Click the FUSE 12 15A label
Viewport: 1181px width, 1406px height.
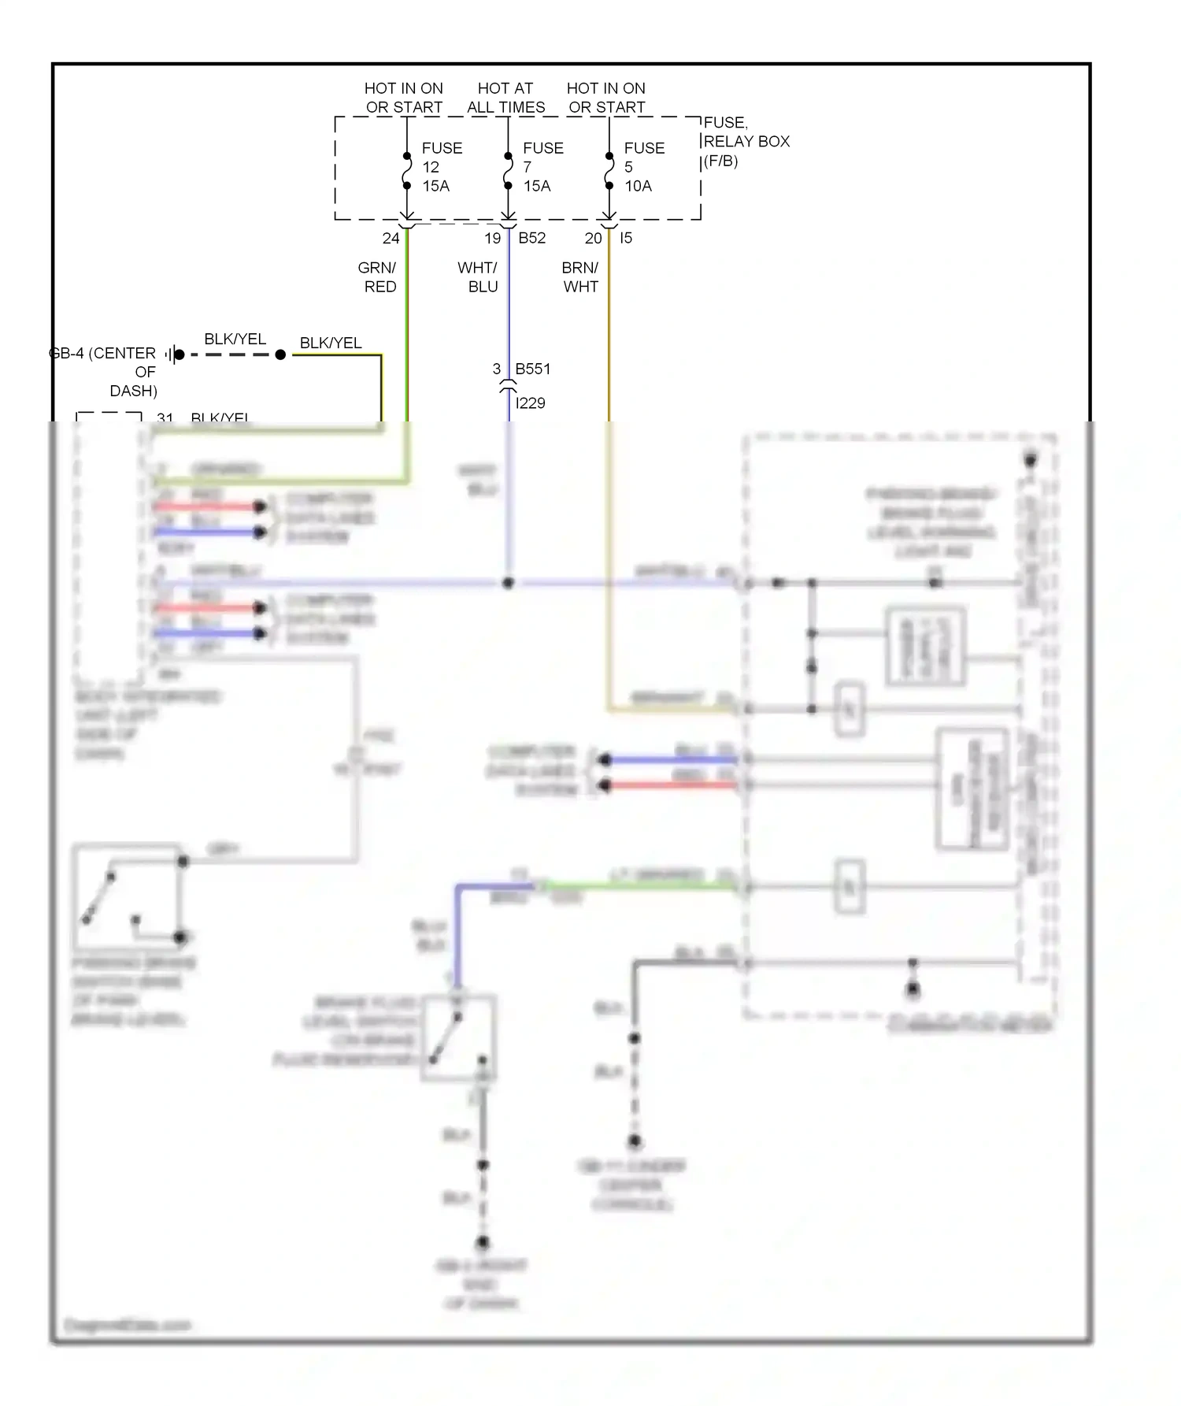pyautogui.click(x=441, y=167)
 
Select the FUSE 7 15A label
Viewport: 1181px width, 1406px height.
pyautogui.click(x=542, y=167)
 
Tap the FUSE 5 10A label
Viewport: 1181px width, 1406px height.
pyautogui.click(x=643, y=167)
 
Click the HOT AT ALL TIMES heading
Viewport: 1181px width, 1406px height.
pyautogui.click(x=505, y=98)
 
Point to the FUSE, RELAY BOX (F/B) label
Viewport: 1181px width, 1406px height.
pyautogui.click(x=745, y=142)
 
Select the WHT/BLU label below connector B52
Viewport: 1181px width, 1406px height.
pyautogui.click(x=478, y=277)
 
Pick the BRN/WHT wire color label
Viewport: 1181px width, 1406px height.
pyautogui.click(x=580, y=277)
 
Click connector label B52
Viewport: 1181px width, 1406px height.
pyautogui.click(x=531, y=238)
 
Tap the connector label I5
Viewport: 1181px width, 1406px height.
pyautogui.click(x=625, y=238)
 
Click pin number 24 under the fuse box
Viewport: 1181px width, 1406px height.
pyautogui.click(x=391, y=238)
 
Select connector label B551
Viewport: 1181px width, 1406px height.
pyautogui.click(x=532, y=369)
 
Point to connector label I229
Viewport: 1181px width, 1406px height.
pyautogui.click(x=530, y=403)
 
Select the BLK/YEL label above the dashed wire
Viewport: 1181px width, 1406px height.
pyautogui.click(x=235, y=339)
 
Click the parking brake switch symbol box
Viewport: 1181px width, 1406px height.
pyautogui.click(x=127, y=897)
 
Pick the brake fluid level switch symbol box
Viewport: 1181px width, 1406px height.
pyautogui.click(x=457, y=1038)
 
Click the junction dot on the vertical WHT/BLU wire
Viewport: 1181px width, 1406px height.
pyautogui.click(x=508, y=583)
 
